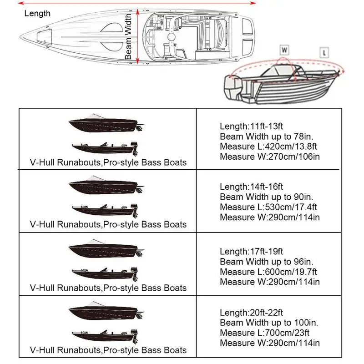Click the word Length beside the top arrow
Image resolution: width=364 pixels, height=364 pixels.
point(37,13)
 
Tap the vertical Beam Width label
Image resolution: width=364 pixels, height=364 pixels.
point(129,36)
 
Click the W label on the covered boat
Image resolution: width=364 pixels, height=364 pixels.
point(284,49)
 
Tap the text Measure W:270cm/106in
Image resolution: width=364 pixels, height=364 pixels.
point(269,157)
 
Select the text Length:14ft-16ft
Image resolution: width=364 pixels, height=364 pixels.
point(251,187)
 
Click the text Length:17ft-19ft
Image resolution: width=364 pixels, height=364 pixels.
point(251,252)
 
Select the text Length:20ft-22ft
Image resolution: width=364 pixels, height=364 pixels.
point(251,313)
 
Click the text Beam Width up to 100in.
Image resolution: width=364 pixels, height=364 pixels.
point(270,324)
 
